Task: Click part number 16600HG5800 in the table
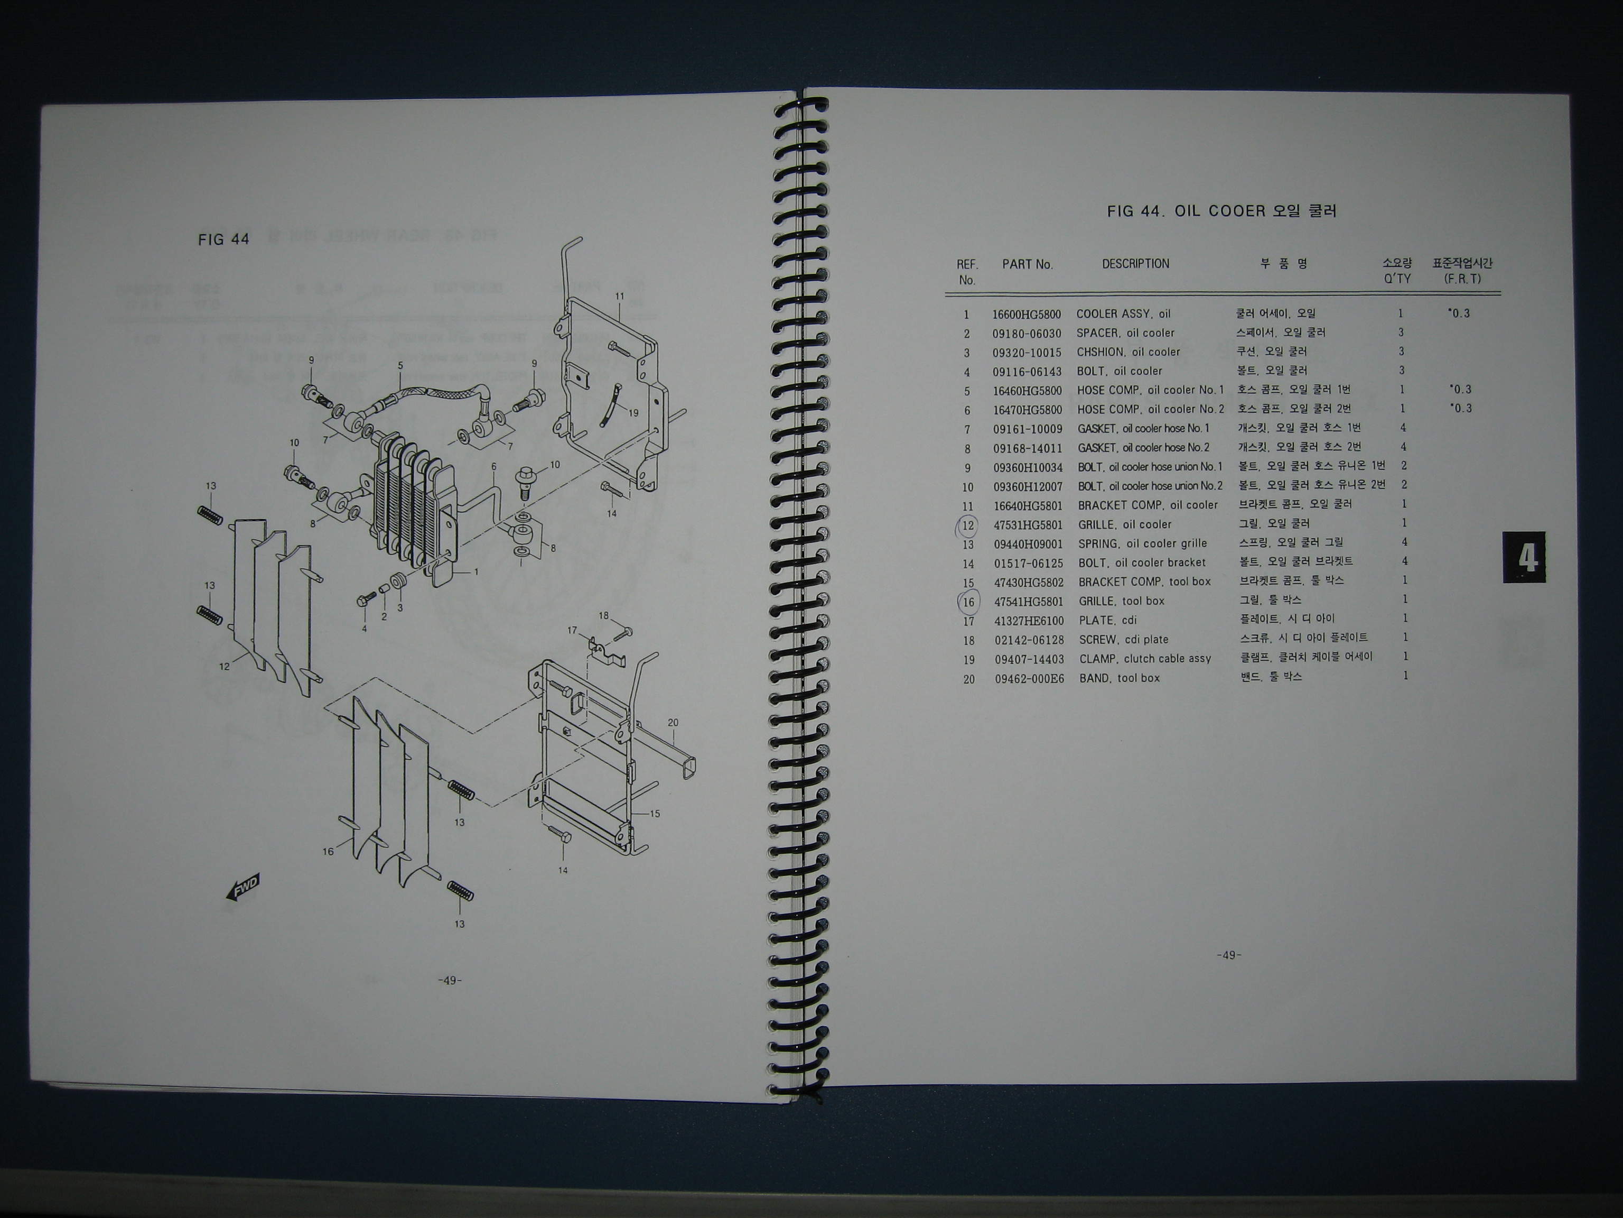[1027, 314]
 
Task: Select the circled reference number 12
[968, 525]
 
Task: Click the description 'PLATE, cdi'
[1107, 621]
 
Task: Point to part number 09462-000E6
[1029, 678]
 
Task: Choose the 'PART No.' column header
[1027, 264]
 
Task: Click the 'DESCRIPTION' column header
[1135, 264]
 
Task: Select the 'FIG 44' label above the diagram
[224, 239]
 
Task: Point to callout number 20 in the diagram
[673, 723]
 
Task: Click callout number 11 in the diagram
[619, 296]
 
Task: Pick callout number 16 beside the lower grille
[328, 851]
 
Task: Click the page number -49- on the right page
[1228, 955]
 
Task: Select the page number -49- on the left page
[449, 980]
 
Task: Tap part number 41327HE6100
[1029, 621]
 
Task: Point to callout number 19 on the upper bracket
[633, 412]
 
